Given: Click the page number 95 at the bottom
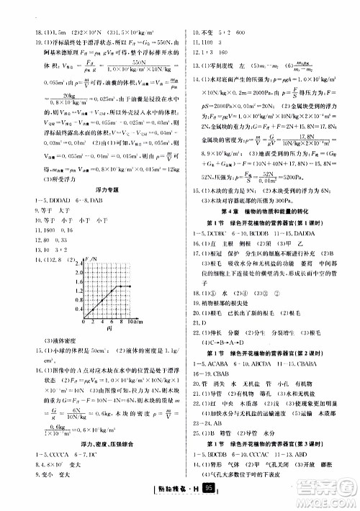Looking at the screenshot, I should click(208, 489).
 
